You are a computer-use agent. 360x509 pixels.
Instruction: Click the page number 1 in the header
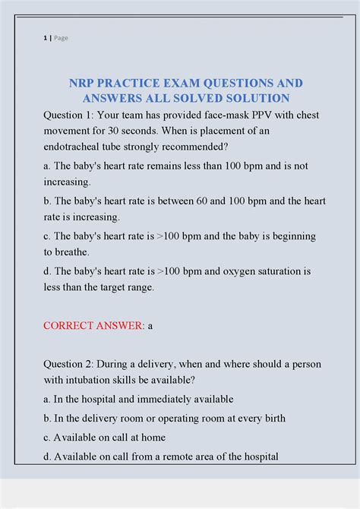pos(44,38)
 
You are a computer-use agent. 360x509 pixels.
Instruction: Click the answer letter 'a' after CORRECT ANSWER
pos(150,326)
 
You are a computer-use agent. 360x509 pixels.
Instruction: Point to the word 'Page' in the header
pos(61,38)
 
